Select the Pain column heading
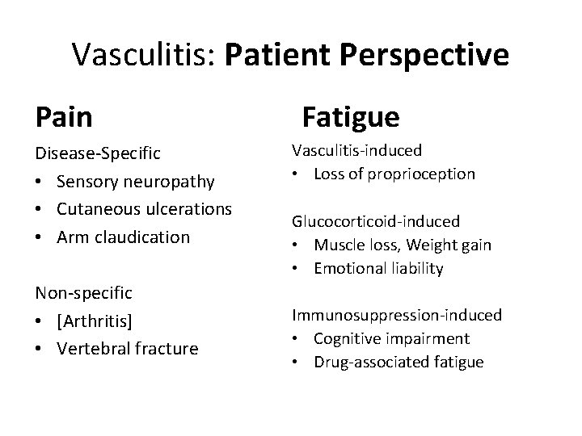point(64,118)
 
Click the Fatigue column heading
point(351,118)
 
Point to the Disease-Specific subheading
point(98,153)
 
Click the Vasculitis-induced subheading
point(357,150)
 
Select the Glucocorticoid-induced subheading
point(376,220)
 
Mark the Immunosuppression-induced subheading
point(397,315)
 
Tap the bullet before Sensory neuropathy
point(41,181)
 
